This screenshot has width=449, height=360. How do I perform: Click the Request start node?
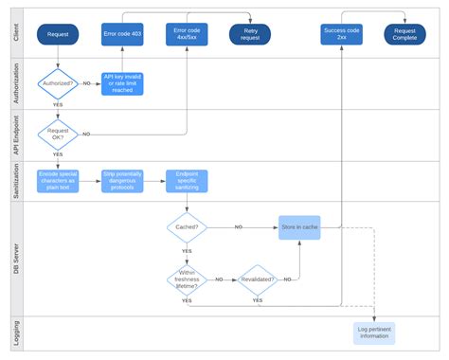(x=58, y=35)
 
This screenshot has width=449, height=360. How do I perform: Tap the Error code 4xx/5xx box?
(x=188, y=35)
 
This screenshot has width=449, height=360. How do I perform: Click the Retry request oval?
(x=249, y=35)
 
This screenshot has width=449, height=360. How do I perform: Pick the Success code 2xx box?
(x=341, y=35)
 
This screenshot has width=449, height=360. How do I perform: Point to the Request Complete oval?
(x=404, y=35)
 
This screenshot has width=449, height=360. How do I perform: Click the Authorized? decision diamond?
(x=58, y=84)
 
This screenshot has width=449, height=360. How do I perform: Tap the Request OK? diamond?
(x=58, y=135)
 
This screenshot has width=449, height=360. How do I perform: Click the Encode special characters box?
(x=58, y=181)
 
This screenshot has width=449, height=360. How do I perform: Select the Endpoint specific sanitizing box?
(x=188, y=181)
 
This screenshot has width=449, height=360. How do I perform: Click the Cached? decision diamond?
(x=187, y=227)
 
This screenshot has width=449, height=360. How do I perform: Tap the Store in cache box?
(x=299, y=227)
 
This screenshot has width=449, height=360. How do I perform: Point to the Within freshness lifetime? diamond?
(x=187, y=279)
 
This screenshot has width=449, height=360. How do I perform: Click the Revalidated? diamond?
(x=257, y=279)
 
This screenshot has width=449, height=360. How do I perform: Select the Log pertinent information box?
(x=374, y=333)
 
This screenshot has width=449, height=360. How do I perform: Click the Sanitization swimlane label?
(x=16, y=181)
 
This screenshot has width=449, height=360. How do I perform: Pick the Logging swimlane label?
(x=16, y=333)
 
